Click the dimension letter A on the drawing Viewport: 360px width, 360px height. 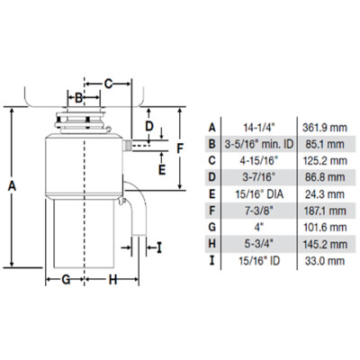(12, 186)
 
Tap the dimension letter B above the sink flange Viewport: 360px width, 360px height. (78, 97)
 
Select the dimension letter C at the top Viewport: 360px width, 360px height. (108, 84)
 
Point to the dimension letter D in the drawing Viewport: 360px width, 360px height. (149, 126)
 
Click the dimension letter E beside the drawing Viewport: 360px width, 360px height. (162, 170)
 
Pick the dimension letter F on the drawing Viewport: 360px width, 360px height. (179, 148)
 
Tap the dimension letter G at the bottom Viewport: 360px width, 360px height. (66, 280)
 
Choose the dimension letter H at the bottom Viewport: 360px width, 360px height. (112, 280)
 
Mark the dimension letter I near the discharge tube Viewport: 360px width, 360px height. (159, 247)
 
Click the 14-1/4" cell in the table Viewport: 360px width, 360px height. (259, 128)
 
